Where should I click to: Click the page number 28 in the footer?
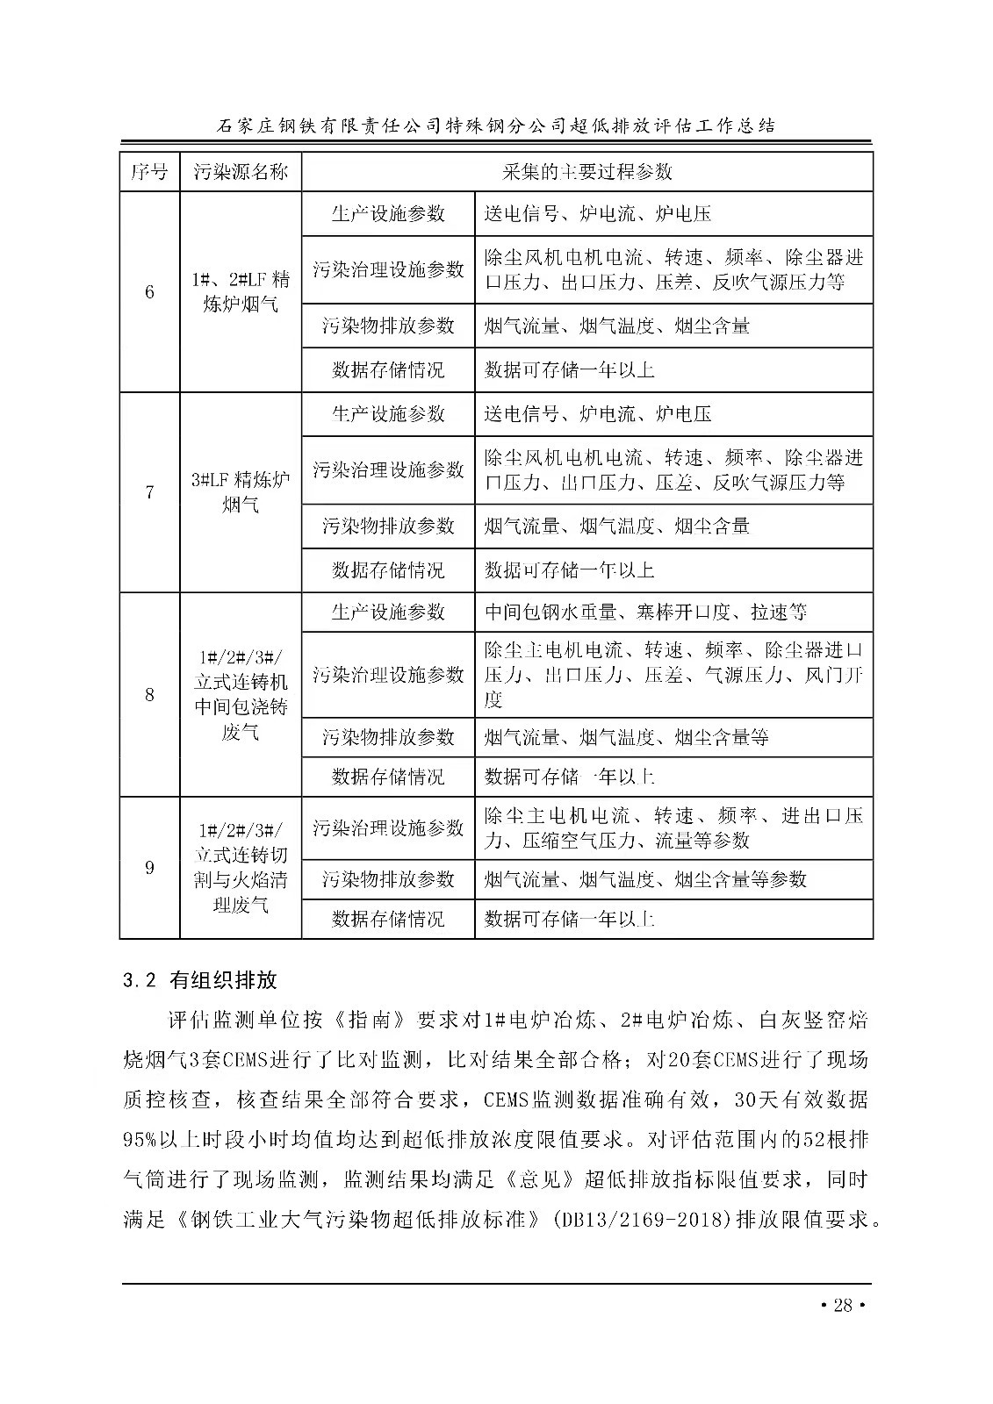click(x=842, y=1305)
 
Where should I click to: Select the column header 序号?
click(x=149, y=171)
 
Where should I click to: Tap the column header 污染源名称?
click(x=241, y=171)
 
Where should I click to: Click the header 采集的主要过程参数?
click(x=586, y=171)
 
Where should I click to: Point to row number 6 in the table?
click(x=149, y=292)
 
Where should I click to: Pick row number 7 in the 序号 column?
click(x=149, y=492)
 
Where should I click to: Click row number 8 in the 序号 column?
click(x=149, y=695)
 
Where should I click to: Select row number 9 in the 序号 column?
click(x=149, y=868)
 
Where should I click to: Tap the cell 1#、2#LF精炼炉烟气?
click(x=241, y=292)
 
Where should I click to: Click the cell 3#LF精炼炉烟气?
click(x=241, y=492)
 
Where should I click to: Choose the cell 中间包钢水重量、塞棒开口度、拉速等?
click(x=645, y=612)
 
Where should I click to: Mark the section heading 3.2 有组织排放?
click(x=201, y=979)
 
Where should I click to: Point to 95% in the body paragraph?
click(x=140, y=1139)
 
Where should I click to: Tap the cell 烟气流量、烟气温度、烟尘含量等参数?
click(x=645, y=879)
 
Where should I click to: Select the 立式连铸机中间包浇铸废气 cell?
click(x=241, y=695)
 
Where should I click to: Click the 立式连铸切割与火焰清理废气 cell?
click(x=241, y=868)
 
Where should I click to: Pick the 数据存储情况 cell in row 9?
click(x=388, y=919)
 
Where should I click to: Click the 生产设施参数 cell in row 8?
click(x=388, y=612)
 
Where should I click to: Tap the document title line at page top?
click(x=496, y=125)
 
